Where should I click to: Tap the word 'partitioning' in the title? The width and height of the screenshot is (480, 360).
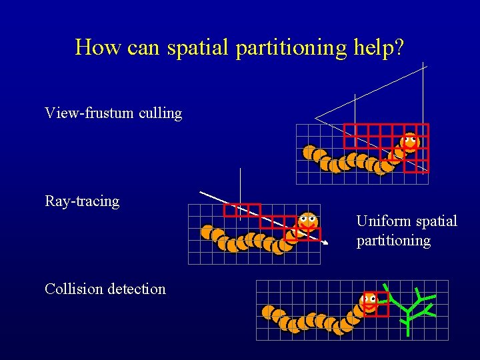click(x=290, y=48)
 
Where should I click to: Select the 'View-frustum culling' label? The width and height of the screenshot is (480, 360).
click(x=113, y=113)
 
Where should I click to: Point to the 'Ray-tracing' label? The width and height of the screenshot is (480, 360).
click(x=82, y=201)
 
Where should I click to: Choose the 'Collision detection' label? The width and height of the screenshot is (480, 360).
click(x=105, y=289)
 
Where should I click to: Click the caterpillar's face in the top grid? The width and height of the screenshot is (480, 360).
click(x=410, y=141)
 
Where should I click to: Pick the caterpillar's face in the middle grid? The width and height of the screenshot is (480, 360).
click(x=307, y=220)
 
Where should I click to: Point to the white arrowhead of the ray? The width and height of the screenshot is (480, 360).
click(x=325, y=244)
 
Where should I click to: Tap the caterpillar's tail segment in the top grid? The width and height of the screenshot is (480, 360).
click(x=309, y=153)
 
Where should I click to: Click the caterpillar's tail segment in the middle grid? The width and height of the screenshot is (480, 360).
click(x=207, y=231)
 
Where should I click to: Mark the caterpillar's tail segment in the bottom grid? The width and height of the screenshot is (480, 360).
click(x=269, y=311)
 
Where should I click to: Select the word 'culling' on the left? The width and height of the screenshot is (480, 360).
click(x=160, y=113)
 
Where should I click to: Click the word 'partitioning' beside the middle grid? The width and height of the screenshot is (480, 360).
click(x=393, y=241)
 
